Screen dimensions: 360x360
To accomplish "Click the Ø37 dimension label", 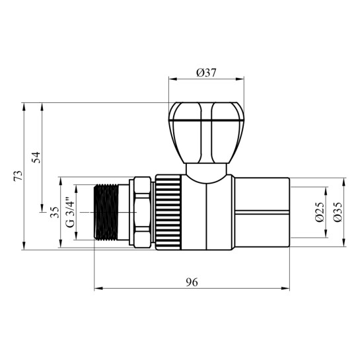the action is (206, 73).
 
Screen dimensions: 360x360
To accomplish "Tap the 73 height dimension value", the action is (18, 176).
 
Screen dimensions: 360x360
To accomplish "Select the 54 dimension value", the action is (36, 157).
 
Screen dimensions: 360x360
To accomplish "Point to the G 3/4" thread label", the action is (70, 212).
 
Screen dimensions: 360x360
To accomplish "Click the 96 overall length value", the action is (192, 282).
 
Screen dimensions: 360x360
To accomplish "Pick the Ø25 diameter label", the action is (320, 212).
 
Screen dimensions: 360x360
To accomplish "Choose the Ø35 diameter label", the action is (338, 212).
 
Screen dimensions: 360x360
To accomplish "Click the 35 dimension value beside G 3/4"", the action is (55, 212).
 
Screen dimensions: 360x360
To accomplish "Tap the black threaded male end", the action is (106, 212).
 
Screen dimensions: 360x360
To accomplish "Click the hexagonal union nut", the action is (142, 212).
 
